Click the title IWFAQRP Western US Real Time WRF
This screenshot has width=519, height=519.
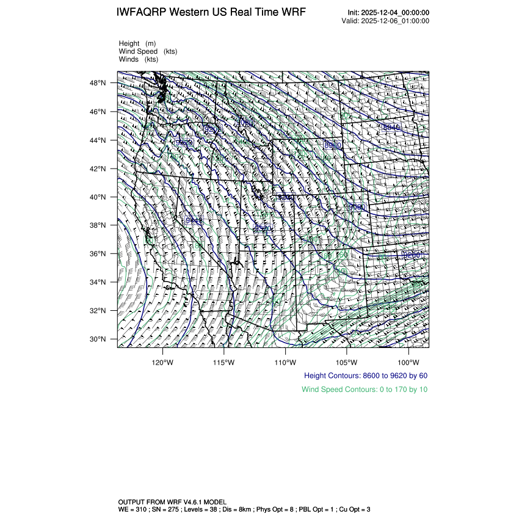(x=211, y=12)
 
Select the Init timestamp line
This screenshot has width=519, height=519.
(x=388, y=13)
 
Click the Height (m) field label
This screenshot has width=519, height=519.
(x=137, y=43)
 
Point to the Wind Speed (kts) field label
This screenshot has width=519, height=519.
(x=148, y=51)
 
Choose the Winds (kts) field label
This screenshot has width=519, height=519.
(x=139, y=59)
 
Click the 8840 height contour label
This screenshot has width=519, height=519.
(x=391, y=127)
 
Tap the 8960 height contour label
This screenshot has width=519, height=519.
(x=333, y=145)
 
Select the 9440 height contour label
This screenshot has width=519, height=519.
(x=194, y=220)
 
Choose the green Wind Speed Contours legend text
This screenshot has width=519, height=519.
(x=365, y=389)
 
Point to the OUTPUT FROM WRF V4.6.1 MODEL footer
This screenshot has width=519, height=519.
(x=173, y=501)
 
